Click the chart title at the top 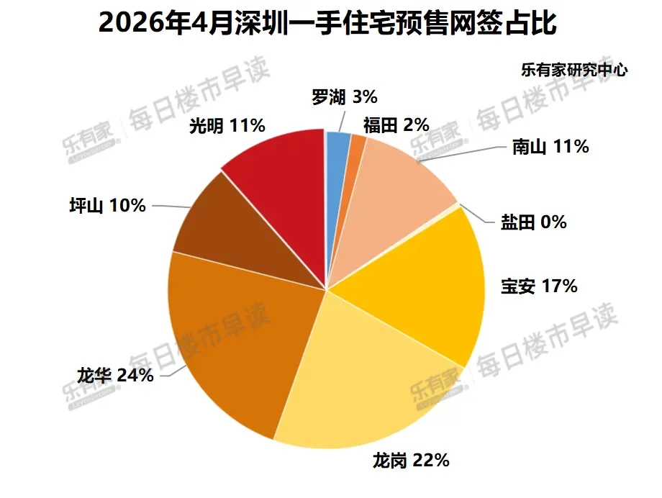point(327,23)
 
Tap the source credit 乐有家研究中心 point(574,70)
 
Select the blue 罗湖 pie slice point(337,169)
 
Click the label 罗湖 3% point(345,97)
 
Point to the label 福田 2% point(396,125)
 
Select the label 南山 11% point(550,147)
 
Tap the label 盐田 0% point(534,222)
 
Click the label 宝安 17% point(539,286)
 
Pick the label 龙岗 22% point(411,461)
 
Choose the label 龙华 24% point(115,375)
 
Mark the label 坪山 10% point(108,206)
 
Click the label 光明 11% point(227,125)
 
